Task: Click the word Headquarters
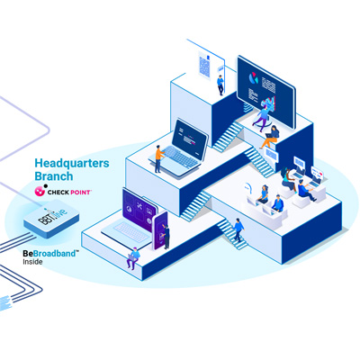(72, 164)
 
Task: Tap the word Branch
(54, 176)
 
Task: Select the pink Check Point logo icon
(40, 190)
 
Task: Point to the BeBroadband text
(49, 254)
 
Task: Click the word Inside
(32, 262)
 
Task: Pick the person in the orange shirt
(158, 159)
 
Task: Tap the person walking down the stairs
(238, 229)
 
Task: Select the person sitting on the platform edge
(133, 258)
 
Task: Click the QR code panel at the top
(204, 65)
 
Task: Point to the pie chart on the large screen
(253, 78)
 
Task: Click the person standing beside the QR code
(220, 85)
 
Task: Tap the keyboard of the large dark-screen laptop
(178, 156)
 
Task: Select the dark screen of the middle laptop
(191, 139)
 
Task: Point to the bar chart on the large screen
(269, 103)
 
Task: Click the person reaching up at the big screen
(261, 117)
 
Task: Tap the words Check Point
(69, 192)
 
